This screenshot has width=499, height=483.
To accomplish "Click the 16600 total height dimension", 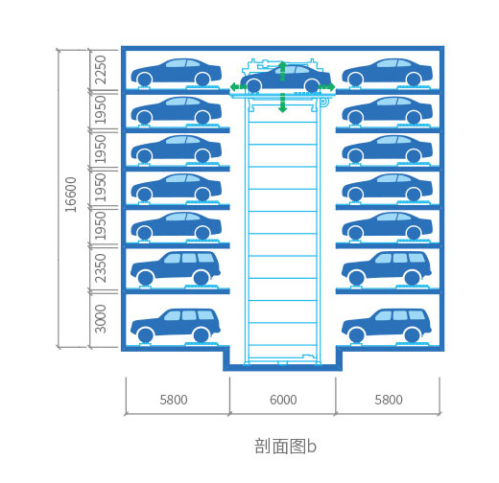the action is (x=71, y=195).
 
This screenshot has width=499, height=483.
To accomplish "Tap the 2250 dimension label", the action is (x=100, y=70).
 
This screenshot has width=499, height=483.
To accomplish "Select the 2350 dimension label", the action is (x=100, y=268).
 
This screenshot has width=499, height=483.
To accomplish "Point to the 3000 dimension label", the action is (x=100, y=319).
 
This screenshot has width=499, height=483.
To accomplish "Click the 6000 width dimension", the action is (x=283, y=400).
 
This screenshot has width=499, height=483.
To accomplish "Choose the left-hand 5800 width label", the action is (x=174, y=400).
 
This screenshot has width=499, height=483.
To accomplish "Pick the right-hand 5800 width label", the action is (x=389, y=400).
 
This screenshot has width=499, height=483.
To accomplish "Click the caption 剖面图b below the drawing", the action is (x=285, y=446).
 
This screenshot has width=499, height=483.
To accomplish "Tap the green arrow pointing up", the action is (x=282, y=71).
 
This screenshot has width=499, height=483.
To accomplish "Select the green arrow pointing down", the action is (x=282, y=103).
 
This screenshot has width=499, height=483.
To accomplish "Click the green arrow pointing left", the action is (x=238, y=86).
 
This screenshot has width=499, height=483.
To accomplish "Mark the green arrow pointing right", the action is (x=327, y=86).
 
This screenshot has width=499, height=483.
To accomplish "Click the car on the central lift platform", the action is (x=285, y=79).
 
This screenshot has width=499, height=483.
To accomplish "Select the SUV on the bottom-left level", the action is (x=176, y=325).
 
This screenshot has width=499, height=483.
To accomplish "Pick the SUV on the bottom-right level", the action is (x=387, y=325).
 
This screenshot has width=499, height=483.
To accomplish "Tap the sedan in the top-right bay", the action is (x=388, y=73).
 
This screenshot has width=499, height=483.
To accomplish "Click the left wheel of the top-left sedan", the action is (x=144, y=80).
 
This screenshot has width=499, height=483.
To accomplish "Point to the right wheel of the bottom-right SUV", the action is (x=412, y=335).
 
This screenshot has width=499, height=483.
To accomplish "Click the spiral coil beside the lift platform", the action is (x=322, y=102).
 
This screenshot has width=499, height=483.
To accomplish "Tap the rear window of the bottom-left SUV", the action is (x=205, y=315).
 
